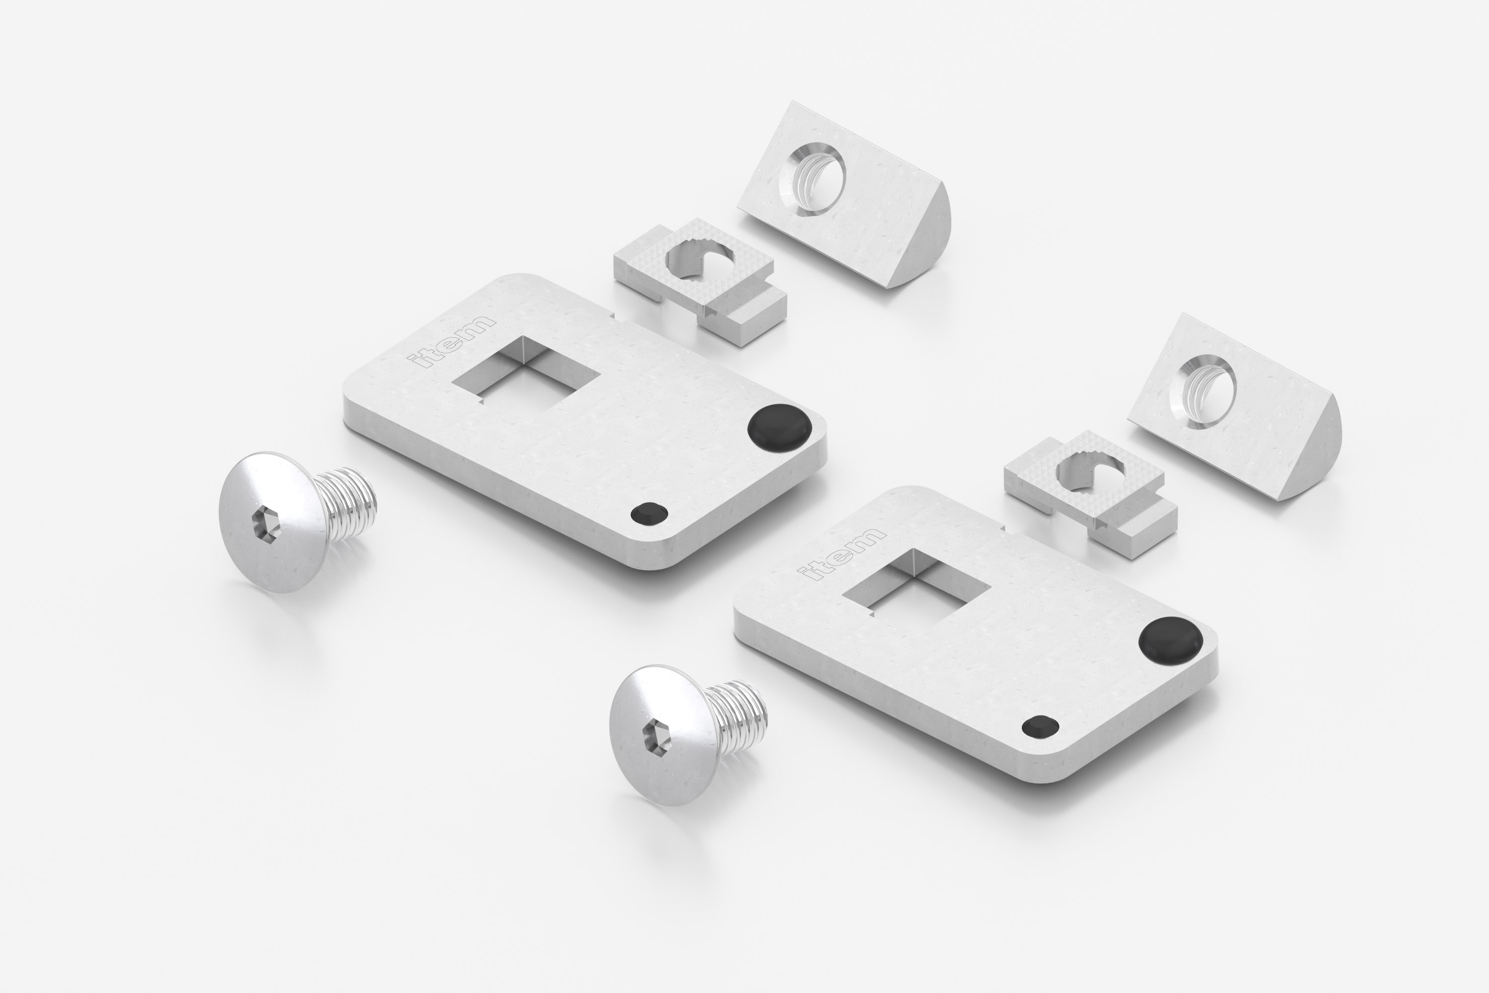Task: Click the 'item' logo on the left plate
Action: [x=451, y=341]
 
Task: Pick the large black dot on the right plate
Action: [x=1170, y=639]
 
